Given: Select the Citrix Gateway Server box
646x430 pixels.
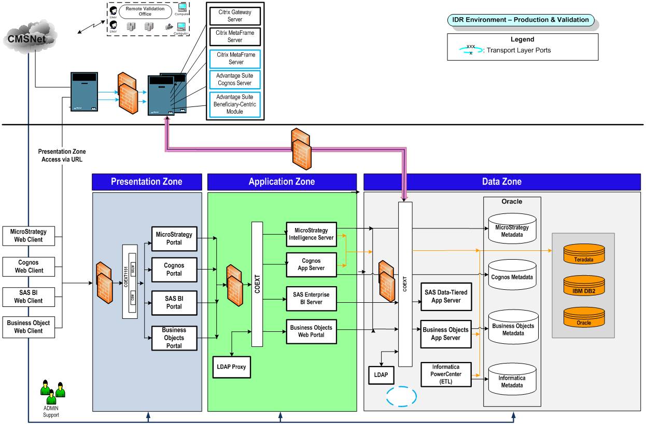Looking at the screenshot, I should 235,16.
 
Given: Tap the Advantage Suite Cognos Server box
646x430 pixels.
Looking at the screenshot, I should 235,79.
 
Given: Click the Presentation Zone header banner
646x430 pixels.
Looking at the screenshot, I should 147,182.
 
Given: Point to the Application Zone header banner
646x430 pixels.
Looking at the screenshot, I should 282,182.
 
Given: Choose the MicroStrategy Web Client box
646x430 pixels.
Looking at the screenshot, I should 29,235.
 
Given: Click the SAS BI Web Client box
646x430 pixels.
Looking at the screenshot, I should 29,297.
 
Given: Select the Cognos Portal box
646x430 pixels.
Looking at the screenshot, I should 174,270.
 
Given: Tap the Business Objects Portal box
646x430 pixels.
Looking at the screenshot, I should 174,338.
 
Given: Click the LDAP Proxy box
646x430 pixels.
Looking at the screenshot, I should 231,367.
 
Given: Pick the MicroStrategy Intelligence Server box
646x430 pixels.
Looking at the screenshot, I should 311,234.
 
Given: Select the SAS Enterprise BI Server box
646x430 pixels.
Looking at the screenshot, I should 312,298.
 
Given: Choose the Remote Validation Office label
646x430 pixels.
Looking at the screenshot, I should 145,11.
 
